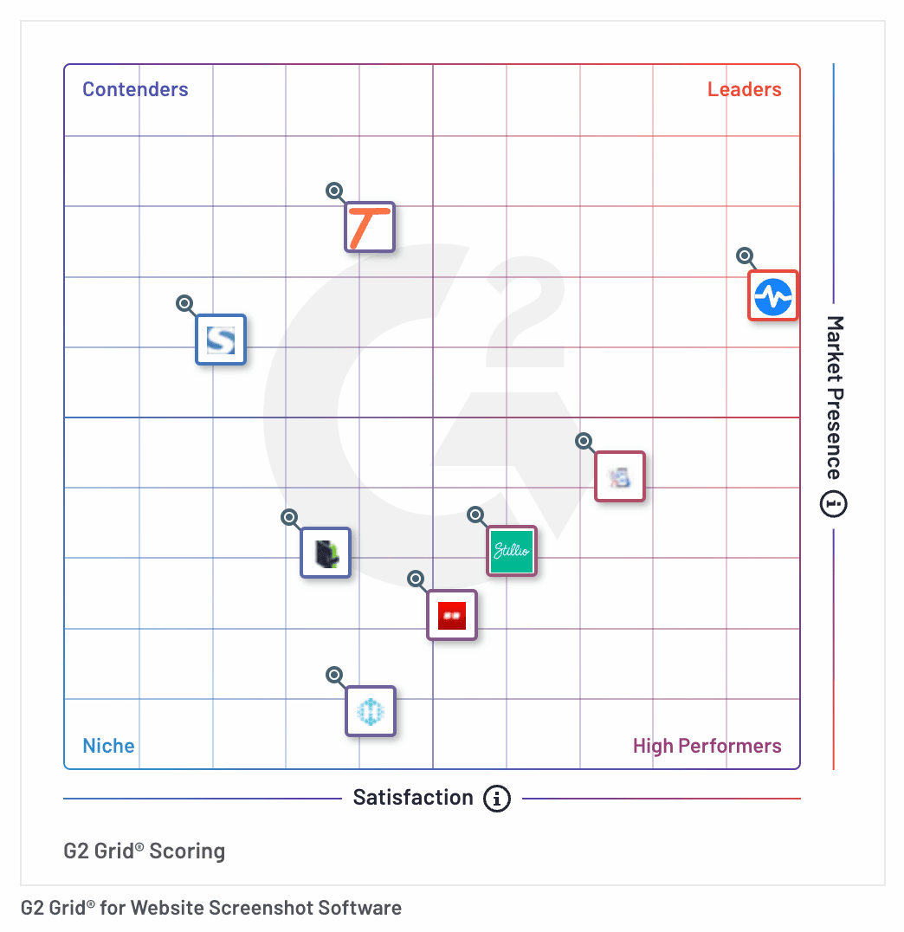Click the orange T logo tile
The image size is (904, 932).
[x=370, y=227]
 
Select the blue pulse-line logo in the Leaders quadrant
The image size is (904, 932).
[x=772, y=295]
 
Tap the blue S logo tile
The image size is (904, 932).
[x=221, y=339]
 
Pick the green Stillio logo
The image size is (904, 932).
[x=512, y=550]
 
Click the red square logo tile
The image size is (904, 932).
[x=452, y=615]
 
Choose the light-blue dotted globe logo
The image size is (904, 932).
[x=371, y=711]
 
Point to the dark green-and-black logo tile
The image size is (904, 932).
[x=326, y=553]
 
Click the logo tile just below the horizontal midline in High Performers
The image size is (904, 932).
[x=620, y=476]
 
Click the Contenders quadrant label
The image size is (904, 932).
[x=135, y=89]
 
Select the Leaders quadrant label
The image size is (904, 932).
[x=744, y=89]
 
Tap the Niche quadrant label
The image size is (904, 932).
[x=108, y=746]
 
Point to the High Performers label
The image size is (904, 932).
[x=707, y=746]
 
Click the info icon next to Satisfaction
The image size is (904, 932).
[x=496, y=798]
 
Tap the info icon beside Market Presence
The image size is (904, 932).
[x=834, y=503]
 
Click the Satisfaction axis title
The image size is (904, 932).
[x=413, y=798]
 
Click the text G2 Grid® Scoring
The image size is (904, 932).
[x=145, y=851]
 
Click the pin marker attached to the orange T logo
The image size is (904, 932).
[x=334, y=191]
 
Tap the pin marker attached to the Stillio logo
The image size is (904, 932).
[x=475, y=515]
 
